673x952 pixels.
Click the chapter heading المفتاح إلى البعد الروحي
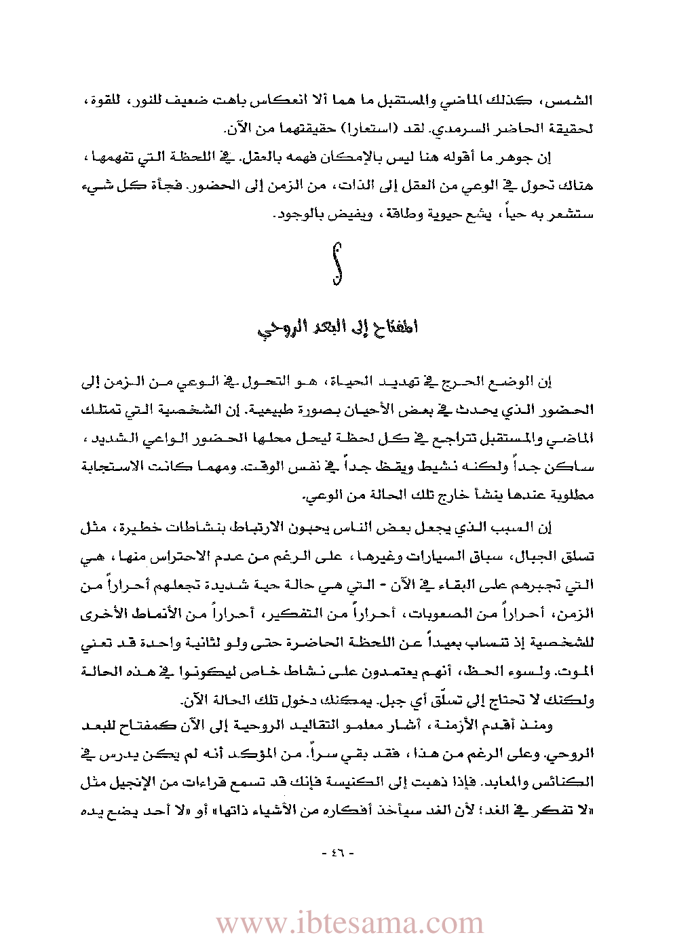click(337, 328)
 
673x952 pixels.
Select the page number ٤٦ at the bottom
click(337, 852)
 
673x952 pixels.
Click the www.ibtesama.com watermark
click(350, 924)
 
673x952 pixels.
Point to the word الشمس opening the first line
click(573, 101)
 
